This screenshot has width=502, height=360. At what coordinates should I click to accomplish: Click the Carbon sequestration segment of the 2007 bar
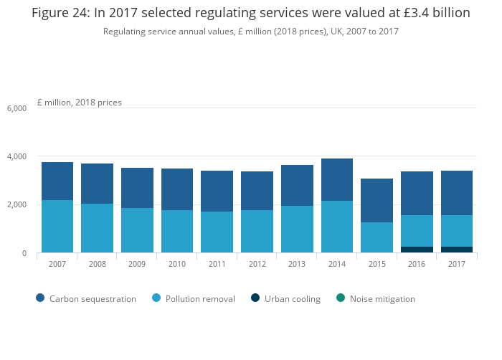tap(57, 181)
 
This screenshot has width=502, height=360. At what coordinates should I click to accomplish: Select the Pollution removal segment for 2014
tap(337, 227)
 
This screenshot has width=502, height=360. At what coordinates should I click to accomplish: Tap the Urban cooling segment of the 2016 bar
tap(417, 250)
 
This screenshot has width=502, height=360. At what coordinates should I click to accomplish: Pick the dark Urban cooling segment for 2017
tap(457, 250)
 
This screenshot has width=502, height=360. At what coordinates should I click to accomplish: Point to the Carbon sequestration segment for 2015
tap(376, 200)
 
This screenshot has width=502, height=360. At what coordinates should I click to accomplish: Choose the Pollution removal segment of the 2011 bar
tap(217, 232)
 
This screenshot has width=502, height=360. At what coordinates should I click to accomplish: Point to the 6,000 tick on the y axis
tap(16, 108)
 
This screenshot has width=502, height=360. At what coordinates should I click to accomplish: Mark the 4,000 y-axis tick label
tap(16, 156)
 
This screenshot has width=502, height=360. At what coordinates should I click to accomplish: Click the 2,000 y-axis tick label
tap(16, 205)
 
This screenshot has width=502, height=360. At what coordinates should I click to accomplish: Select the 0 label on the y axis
tap(24, 253)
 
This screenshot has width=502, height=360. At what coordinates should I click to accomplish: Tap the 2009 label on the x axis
tap(137, 264)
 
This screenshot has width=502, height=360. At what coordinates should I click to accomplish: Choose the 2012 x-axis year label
tap(257, 264)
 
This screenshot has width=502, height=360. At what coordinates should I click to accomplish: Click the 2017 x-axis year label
tap(457, 264)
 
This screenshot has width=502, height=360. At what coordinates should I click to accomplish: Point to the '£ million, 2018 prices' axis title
tap(79, 103)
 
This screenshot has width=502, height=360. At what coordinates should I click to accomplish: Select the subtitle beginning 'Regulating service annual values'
tap(250, 32)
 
